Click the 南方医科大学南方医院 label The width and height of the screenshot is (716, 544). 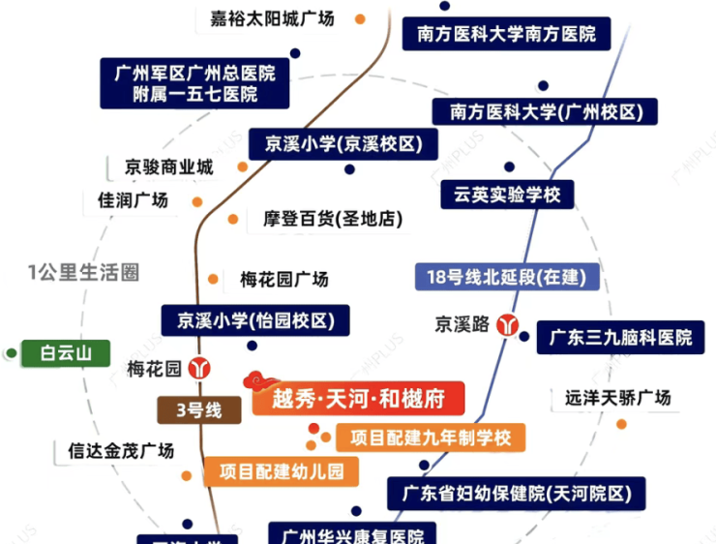tap(507, 35)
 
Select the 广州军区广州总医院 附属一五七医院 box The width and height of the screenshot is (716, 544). tap(194, 83)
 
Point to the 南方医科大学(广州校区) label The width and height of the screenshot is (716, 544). tap(545, 112)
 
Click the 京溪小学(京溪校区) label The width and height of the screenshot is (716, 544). tap(337, 145)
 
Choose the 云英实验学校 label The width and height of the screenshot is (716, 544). tap(500, 195)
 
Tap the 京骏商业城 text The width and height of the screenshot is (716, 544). tap(168, 166)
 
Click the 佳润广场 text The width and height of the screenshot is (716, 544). tap(133, 200)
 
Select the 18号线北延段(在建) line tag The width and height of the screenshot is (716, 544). tap(506, 277)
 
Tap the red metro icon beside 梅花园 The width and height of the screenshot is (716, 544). tap(201, 369)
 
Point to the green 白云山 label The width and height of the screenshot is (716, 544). tap(66, 353)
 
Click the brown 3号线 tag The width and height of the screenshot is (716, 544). tap(205, 410)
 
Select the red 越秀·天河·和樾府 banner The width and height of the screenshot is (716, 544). tap(358, 398)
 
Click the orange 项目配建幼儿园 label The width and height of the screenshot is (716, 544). tap(281, 471)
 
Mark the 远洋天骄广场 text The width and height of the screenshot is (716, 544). tap(617, 398)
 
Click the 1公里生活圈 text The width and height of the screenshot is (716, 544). tap(83, 273)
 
